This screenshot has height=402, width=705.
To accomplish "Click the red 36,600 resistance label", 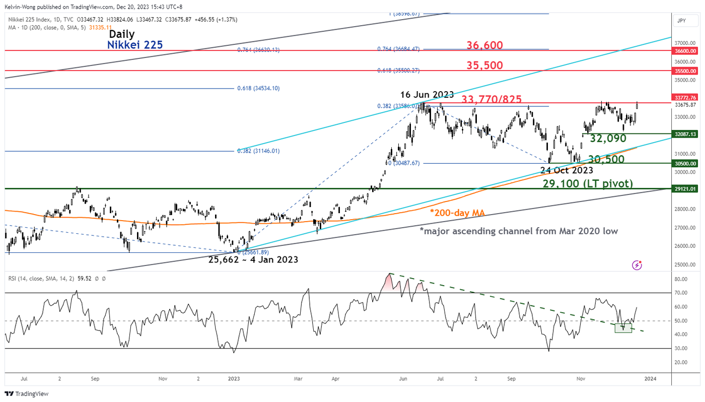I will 484,45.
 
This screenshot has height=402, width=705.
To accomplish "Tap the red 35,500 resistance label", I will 484,65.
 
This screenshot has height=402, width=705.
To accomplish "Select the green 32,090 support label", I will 608,139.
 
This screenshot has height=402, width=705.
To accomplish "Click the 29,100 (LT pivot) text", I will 588,184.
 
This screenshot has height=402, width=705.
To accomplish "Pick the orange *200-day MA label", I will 458,213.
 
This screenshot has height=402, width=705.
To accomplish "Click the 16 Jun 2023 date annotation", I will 427,95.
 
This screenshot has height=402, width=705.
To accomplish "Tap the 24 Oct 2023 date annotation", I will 567,170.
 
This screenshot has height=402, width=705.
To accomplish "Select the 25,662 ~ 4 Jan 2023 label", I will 253,260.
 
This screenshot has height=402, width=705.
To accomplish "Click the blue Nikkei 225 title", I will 135,45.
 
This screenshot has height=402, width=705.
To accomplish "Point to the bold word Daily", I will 121,34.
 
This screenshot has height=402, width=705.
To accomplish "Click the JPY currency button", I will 681,21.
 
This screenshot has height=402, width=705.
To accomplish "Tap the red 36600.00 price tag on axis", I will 685,51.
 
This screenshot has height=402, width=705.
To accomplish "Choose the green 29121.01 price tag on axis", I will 685,189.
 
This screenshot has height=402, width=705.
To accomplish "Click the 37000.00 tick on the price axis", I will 685,43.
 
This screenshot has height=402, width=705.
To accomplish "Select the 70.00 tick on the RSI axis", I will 681,293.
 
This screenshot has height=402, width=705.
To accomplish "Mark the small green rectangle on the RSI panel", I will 623,328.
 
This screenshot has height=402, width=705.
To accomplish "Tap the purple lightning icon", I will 637,264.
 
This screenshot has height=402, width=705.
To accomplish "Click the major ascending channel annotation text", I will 519,231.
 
